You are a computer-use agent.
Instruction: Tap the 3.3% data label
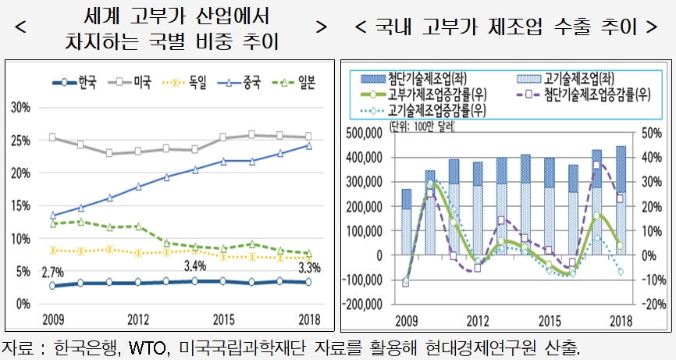[x=308, y=269]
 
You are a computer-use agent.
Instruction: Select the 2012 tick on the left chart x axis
[x=138, y=319]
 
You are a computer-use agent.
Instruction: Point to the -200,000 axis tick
[x=364, y=304]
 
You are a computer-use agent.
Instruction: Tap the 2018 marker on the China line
[x=308, y=145]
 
